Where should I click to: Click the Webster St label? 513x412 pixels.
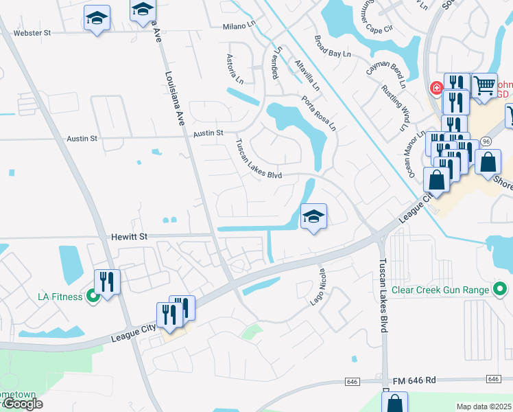point(32,32)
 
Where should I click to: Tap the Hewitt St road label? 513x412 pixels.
point(130,236)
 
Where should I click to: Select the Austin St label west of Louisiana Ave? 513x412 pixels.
point(82,138)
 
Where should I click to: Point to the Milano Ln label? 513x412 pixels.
point(238,27)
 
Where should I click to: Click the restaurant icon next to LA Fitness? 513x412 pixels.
point(107,281)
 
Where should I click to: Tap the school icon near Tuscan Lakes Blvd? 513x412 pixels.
point(313,216)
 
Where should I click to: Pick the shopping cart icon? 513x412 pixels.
point(484,85)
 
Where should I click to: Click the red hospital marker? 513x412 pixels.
point(435,88)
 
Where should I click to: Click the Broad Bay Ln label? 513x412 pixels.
point(333,47)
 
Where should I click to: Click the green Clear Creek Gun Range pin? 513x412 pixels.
point(501,290)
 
